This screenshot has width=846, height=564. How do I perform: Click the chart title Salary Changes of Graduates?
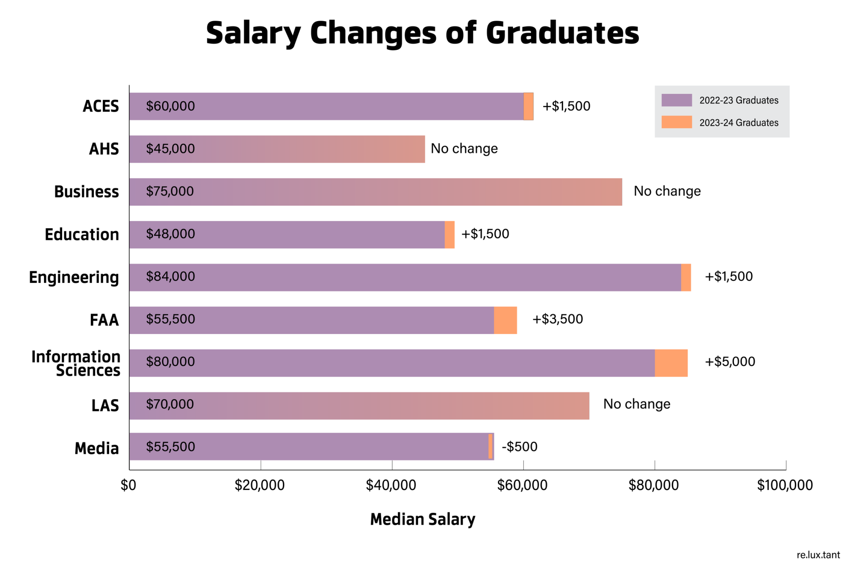tap(422, 33)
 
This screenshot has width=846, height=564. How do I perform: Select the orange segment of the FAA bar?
tap(505, 320)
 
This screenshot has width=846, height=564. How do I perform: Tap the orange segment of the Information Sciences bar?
tap(671, 363)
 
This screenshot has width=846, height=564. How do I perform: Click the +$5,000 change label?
tap(730, 361)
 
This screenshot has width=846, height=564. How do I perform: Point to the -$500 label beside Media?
tap(519, 446)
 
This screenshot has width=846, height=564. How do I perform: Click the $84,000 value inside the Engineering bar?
tap(170, 277)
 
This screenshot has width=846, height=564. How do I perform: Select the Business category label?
tap(87, 192)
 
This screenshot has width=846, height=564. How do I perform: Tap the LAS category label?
tap(105, 405)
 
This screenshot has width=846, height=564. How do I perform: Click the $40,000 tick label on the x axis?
tap(391, 485)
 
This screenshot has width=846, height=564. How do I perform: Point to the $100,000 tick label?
tap(785, 485)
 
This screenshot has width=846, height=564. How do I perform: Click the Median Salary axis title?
tap(422, 519)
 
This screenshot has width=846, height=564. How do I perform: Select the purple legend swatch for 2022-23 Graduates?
tap(676, 100)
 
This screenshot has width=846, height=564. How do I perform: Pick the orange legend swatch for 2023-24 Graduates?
tap(676, 122)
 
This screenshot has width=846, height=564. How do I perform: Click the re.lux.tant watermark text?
tap(818, 555)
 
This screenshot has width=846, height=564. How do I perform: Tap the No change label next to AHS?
tap(464, 148)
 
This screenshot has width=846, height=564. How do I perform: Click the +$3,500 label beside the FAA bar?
tap(557, 319)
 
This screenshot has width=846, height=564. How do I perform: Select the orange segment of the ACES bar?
tap(528, 107)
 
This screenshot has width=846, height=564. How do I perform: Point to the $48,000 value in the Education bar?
tap(170, 234)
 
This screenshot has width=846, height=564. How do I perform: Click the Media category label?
tap(97, 448)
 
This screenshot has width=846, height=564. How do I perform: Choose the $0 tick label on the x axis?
tap(129, 485)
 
